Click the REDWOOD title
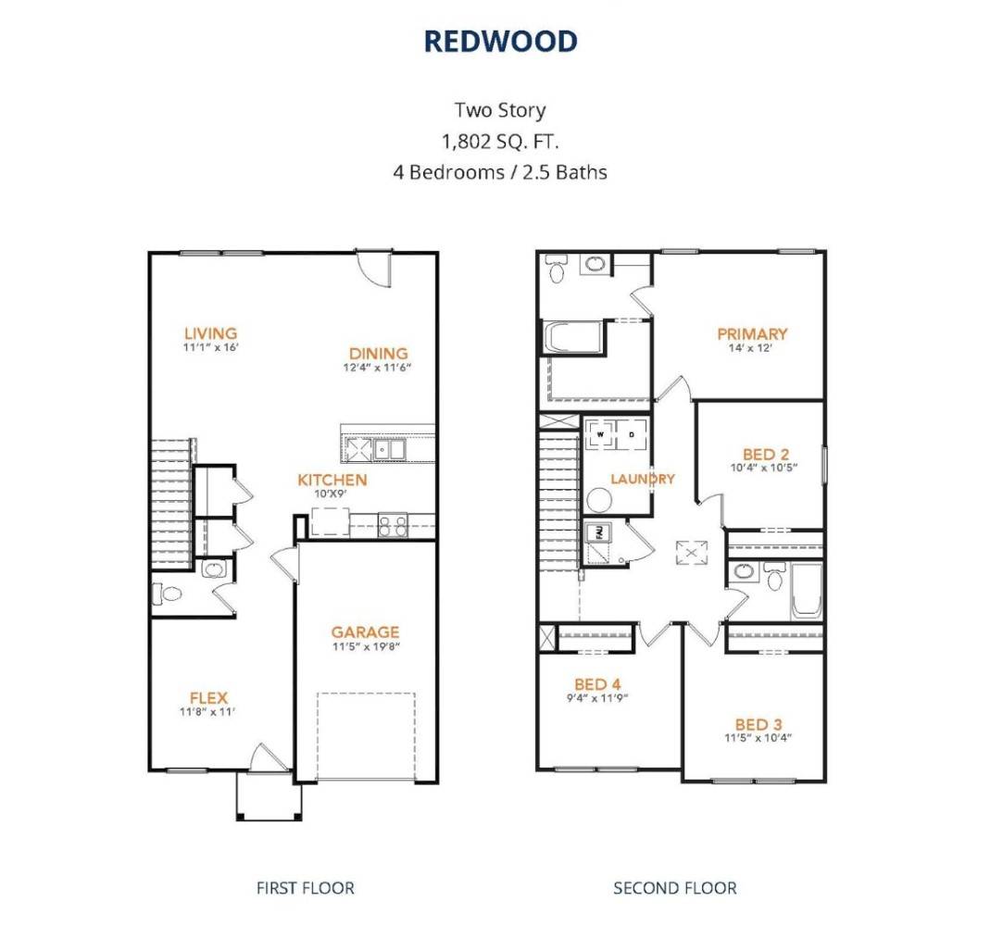[x=500, y=41]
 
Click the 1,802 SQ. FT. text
[x=500, y=141]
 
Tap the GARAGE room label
[x=365, y=632]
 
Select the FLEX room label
[x=208, y=697]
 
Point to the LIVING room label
[x=210, y=333]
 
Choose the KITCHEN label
[x=332, y=480]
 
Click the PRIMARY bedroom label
[x=752, y=333]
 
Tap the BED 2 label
[x=766, y=454]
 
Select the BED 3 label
[x=759, y=723]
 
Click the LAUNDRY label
[x=642, y=479]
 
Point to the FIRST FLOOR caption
[x=305, y=888]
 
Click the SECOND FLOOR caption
[x=674, y=888]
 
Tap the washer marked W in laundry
[x=599, y=433]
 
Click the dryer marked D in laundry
[x=632, y=433]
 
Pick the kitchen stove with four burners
[x=393, y=525]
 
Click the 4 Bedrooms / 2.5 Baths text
[x=500, y=171]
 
